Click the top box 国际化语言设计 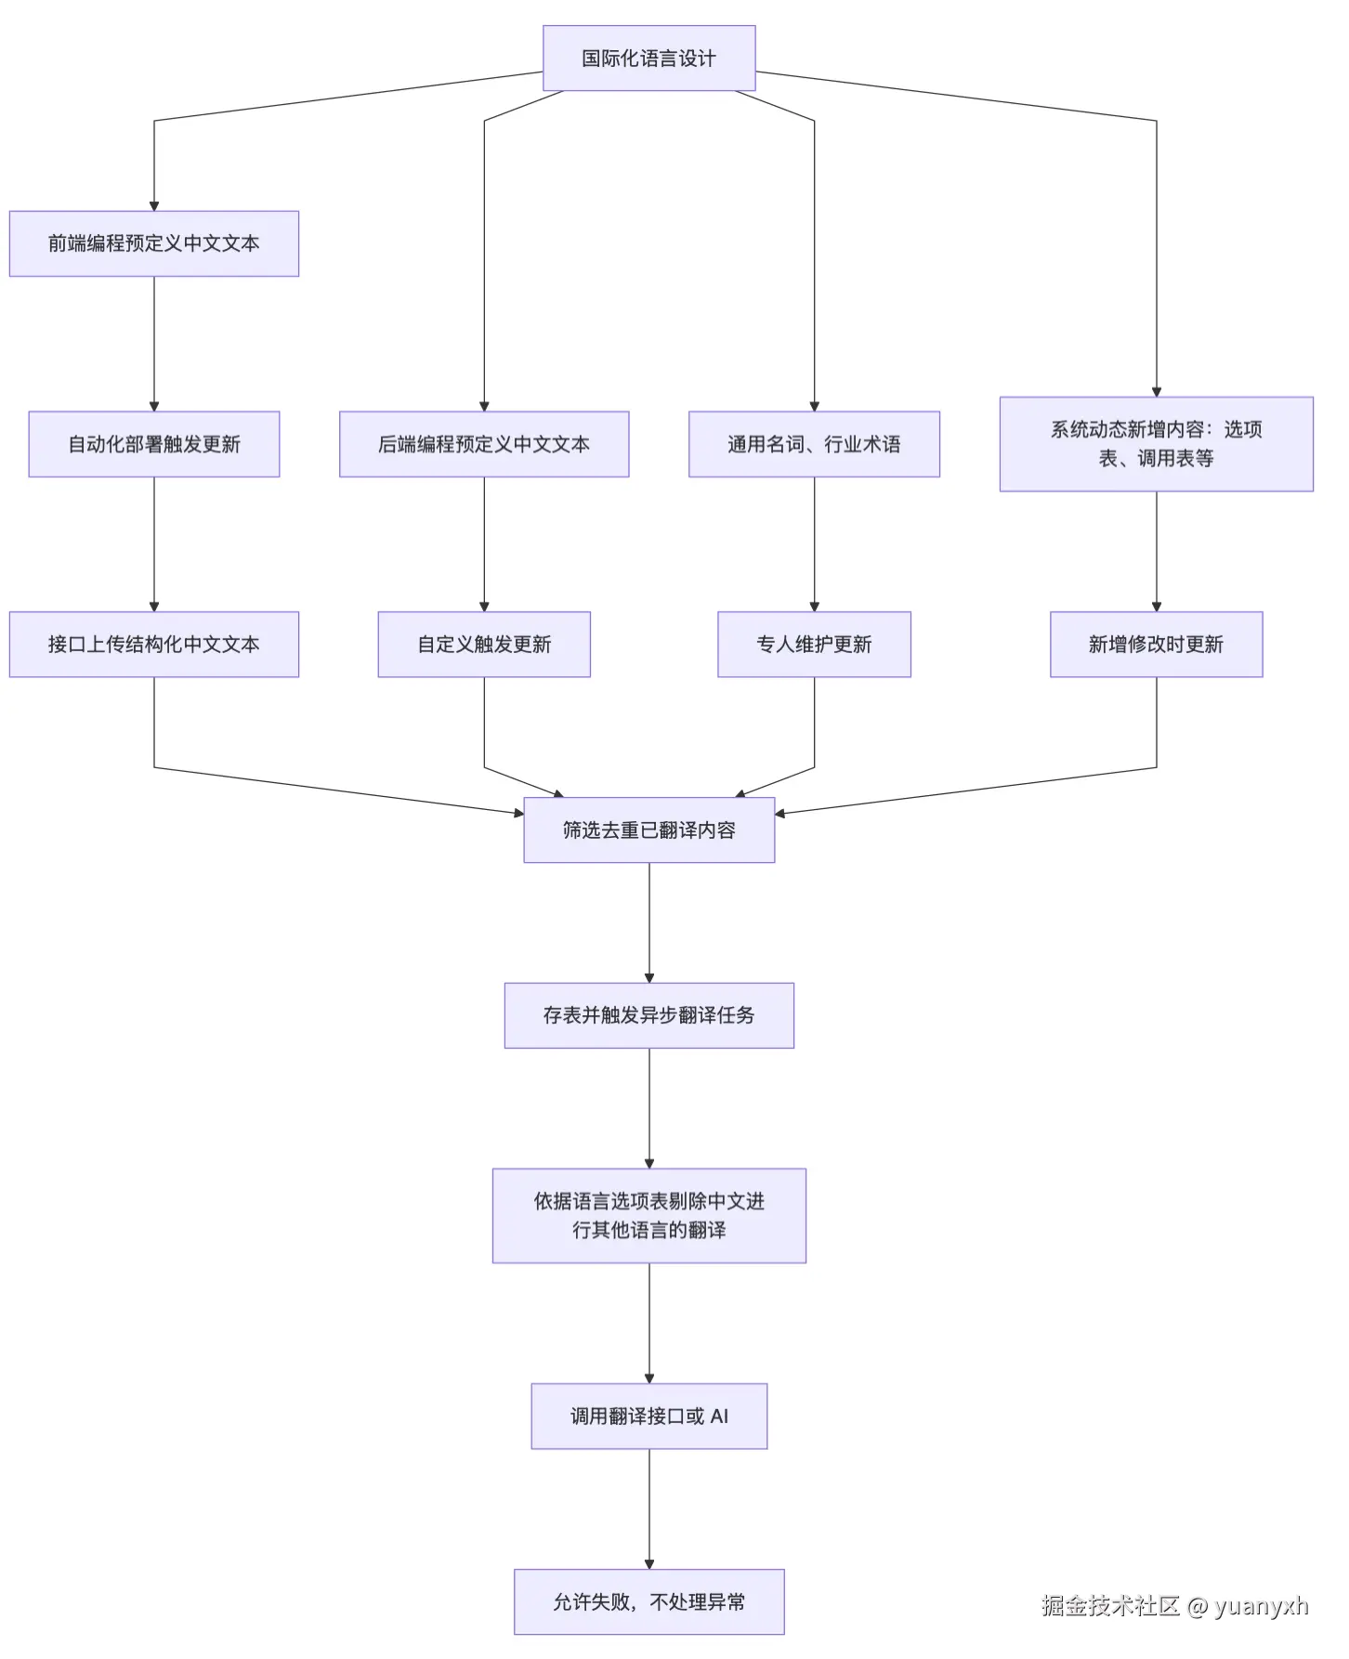tap(648, 59)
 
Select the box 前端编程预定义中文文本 tap(154, 243)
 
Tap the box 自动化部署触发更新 tap(154, 444)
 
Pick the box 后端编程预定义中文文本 tap(484, 444)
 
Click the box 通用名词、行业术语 tap(814, 444)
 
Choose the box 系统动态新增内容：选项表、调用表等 tap(1156, 444)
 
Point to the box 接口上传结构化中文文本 tap(154, 645)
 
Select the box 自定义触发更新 tap(484, 645)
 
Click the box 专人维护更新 tap(814, 645)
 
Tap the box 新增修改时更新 tap(1156, 645)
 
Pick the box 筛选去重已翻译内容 tap(648, 830)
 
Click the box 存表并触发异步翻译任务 tap(648, 1015)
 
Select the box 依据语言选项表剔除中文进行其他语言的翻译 tap(648, 1216)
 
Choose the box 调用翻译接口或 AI tap(648, 1417)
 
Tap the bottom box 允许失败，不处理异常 tap(648, 1602)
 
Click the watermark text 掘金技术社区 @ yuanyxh tap(1174, 1606)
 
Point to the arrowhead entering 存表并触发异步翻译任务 tap(649, 977)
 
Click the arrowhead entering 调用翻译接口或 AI tap(649, 1378)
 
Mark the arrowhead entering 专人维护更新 tap(815, 607)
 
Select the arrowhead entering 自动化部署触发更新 tap(154, 406)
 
